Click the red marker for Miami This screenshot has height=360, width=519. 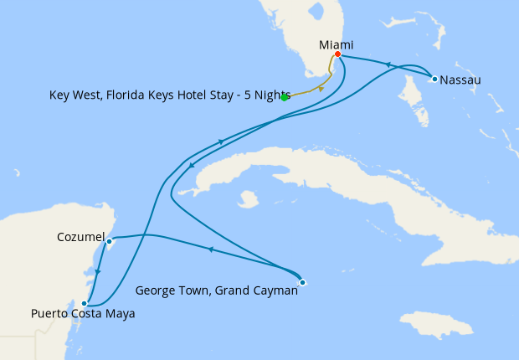click(x=337, y=54)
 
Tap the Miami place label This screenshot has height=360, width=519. click(x=337, y=44)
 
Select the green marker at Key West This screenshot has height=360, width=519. click(x=285, y=97)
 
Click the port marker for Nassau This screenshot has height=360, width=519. click(x=434, y=79)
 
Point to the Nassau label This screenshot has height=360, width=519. click(x=462, y=80)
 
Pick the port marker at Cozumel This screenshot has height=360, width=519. click(x=110, y=241)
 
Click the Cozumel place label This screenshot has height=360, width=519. click(x=80, y=238)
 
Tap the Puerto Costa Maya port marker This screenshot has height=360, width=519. click(x=84, y=303)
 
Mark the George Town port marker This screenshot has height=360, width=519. click(x=302, y=282)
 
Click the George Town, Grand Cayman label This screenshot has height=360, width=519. click(x=216, y=292)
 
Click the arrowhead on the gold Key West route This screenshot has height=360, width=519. click(x=321, y=89)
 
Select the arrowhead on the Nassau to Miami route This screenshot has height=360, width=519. click(x=388, y=64)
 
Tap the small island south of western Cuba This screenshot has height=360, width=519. click(x=247, y=199)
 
